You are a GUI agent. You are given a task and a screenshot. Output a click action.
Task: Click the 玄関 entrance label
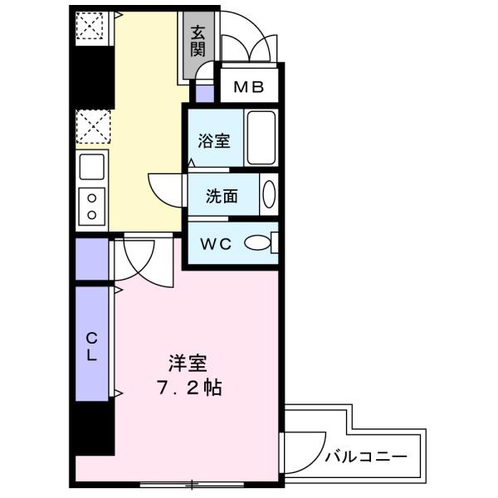[198, 41]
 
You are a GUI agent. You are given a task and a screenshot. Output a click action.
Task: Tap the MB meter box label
[249, 85]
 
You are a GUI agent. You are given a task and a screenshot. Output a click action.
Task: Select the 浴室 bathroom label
[213, 141]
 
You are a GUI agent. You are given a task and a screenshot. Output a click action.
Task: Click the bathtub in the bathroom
[261, 138]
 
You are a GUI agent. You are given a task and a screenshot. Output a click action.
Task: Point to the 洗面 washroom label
[222, 197]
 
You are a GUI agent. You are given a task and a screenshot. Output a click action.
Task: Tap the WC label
[213, 244]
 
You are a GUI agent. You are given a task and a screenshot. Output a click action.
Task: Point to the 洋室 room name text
[188, 363]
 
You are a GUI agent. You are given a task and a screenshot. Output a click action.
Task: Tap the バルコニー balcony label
[365, 456]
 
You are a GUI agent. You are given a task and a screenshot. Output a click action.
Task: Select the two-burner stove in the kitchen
[91, 206]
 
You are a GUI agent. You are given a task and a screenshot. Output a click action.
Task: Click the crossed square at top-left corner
[91, 28]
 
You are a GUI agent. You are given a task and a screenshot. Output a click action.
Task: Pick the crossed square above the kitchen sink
[91, 127]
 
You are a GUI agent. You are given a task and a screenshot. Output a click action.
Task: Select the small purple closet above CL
[91, 259]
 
